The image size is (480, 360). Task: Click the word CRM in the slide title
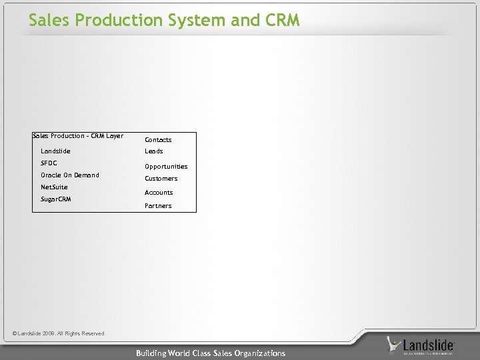coord(282,21)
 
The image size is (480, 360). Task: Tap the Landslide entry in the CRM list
coord(55,151)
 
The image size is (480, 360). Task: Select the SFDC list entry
coord(49,163)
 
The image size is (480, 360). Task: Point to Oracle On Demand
coord(69,175)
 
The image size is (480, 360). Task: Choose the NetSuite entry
coord(54,187)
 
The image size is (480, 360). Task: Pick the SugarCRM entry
coord(56,199)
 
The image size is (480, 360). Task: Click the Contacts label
coord(158,140)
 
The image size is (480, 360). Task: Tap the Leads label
coord(154,151)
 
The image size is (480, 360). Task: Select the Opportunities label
coord(166,167)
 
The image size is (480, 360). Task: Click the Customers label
coord(161,179)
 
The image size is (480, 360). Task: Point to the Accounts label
coord(159,193)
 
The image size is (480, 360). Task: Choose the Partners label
coord(158,206)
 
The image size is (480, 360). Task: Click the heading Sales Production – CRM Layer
coord(78,136)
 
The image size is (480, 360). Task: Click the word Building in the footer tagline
coord(153,353)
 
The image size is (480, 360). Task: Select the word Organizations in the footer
coord(259,353)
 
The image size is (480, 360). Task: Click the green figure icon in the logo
coord(395,345)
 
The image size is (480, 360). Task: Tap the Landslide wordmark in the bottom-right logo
coord(430,345)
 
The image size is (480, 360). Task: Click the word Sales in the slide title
coord(50,21)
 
